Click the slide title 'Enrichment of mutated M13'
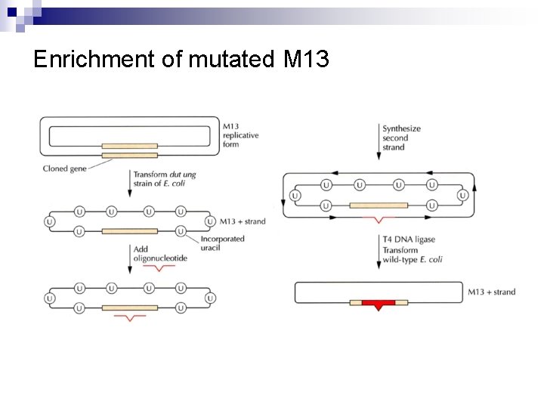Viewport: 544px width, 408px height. click(x=181, y=59)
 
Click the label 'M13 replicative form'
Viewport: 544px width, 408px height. click(x=241, y=134)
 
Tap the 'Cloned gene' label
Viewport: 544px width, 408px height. click(x=65, y=168)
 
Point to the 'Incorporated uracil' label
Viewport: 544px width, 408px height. click(x=222, y=244)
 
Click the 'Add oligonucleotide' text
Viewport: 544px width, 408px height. click(x=159, y=254)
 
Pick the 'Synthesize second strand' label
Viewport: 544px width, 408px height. click(x=401, y=138)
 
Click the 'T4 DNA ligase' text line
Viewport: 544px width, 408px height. click(x=409, y=240)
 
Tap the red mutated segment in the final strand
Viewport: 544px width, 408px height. click(x=379, y=303)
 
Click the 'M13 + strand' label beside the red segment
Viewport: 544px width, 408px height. click(x=491, y=292)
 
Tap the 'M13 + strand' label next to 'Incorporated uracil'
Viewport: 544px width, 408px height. click(x=243, y=221)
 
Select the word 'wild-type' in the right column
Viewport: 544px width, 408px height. click(x=400, y=260)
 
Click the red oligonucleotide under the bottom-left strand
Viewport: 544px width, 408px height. click(x=129, y=318)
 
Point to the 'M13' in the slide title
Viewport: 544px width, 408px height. click(x=307, y=59)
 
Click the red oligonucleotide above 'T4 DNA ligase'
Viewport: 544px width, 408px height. click(x=379, y=219)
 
